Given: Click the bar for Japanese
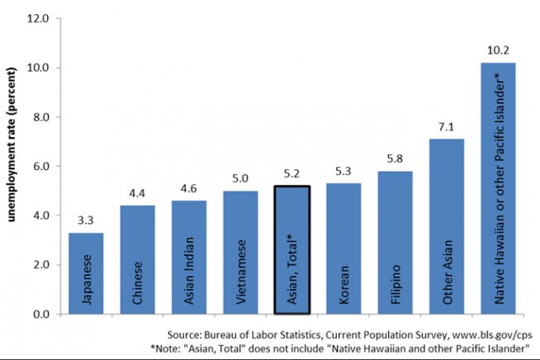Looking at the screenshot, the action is pyautogui.click(x=86, y=273).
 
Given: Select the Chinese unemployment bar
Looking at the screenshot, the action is pyautogui.click(x=137, y=260).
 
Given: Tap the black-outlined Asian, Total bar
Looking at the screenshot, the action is pyautogui.click(x=292, y=250).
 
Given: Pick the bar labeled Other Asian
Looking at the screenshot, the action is pyautogui.click(x=447, y=227).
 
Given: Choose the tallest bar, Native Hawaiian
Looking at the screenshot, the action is pyautogui.click(x=498, y=188).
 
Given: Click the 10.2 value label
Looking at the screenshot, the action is pyautogui.click(x=498, y=50).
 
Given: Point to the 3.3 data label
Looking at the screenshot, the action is pyautogui.click(x=85, y=220).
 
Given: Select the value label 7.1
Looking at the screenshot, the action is pyautogui.click(x=447, y=127).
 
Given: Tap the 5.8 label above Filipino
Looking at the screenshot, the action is pyautogui.click(x=395, y=159).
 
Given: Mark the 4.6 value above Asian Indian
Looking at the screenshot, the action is pyautogui.click(x=189, y=188).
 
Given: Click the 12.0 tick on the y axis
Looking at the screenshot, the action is pyautogui.click(x=38, y=18).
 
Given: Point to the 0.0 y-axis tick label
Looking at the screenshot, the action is pyautogui.click(x=41, y=315).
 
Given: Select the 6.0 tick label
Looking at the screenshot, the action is pyautogui.click(x=41, y=167).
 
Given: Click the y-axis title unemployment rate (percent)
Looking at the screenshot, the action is pyautogui.click(x=11, y=144).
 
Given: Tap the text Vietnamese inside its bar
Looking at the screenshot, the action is pyautogui.click(x=241, y=272).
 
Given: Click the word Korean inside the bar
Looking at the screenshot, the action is pyautogui.click(x=344, y=285).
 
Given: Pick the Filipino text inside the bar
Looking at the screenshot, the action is pyautogui.click(x=396, y=284).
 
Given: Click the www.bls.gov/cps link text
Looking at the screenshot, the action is pyautogui.click(x=492, y=335).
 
